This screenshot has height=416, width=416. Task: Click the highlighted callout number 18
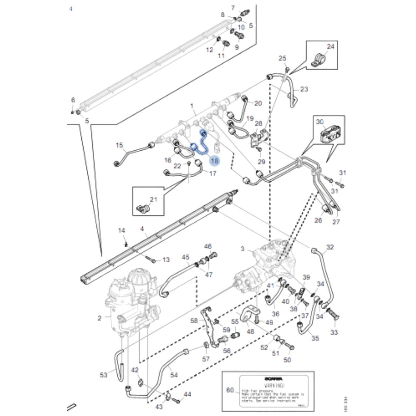pos(214,161)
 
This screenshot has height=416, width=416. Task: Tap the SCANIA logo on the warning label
pos(274,379)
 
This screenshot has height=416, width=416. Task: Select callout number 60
pos(230,390)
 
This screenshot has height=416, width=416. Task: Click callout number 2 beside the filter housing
pos(99,318)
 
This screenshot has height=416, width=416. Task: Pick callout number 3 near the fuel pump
pos(242,249)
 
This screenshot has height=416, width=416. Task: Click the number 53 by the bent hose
pos(104,375)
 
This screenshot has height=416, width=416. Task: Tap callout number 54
pos(174,375)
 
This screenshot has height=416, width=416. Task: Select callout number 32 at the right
pos(330,247)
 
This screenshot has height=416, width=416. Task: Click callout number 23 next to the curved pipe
pos(304,89)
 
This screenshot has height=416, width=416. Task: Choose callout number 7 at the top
pos(233,8)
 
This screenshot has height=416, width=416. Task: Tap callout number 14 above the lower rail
pos(121,230)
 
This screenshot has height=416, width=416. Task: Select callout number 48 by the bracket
pos(250,331)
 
